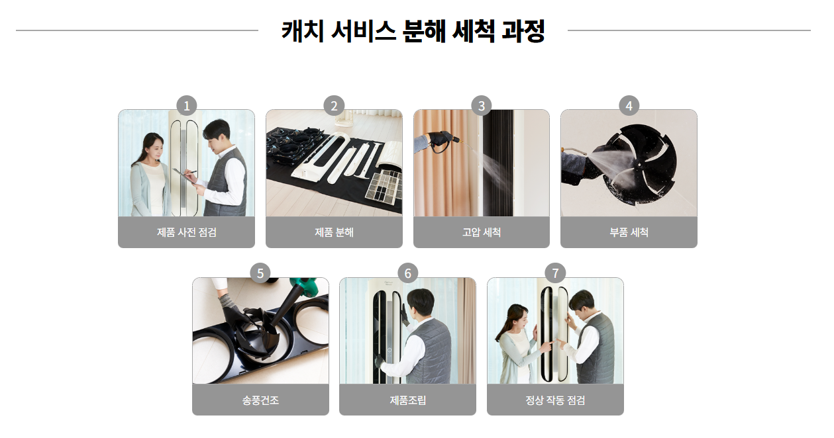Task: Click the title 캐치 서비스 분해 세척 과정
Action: click(x=413, y=31)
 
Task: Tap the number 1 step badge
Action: click(x=187, y=106)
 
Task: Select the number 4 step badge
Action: click(x=629, y=106)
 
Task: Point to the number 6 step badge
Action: click(x=407, y=273)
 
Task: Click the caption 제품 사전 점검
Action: click(x=187, y=232)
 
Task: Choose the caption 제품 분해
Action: click(x=334, y=232)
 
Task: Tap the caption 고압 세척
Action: click(x=482, y=232)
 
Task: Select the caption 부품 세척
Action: click(x=629, y=232)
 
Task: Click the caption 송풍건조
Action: click(x=260, y=400)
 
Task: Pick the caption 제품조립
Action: click(x=407, y=400)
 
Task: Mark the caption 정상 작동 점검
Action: click(x=555, y=400)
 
